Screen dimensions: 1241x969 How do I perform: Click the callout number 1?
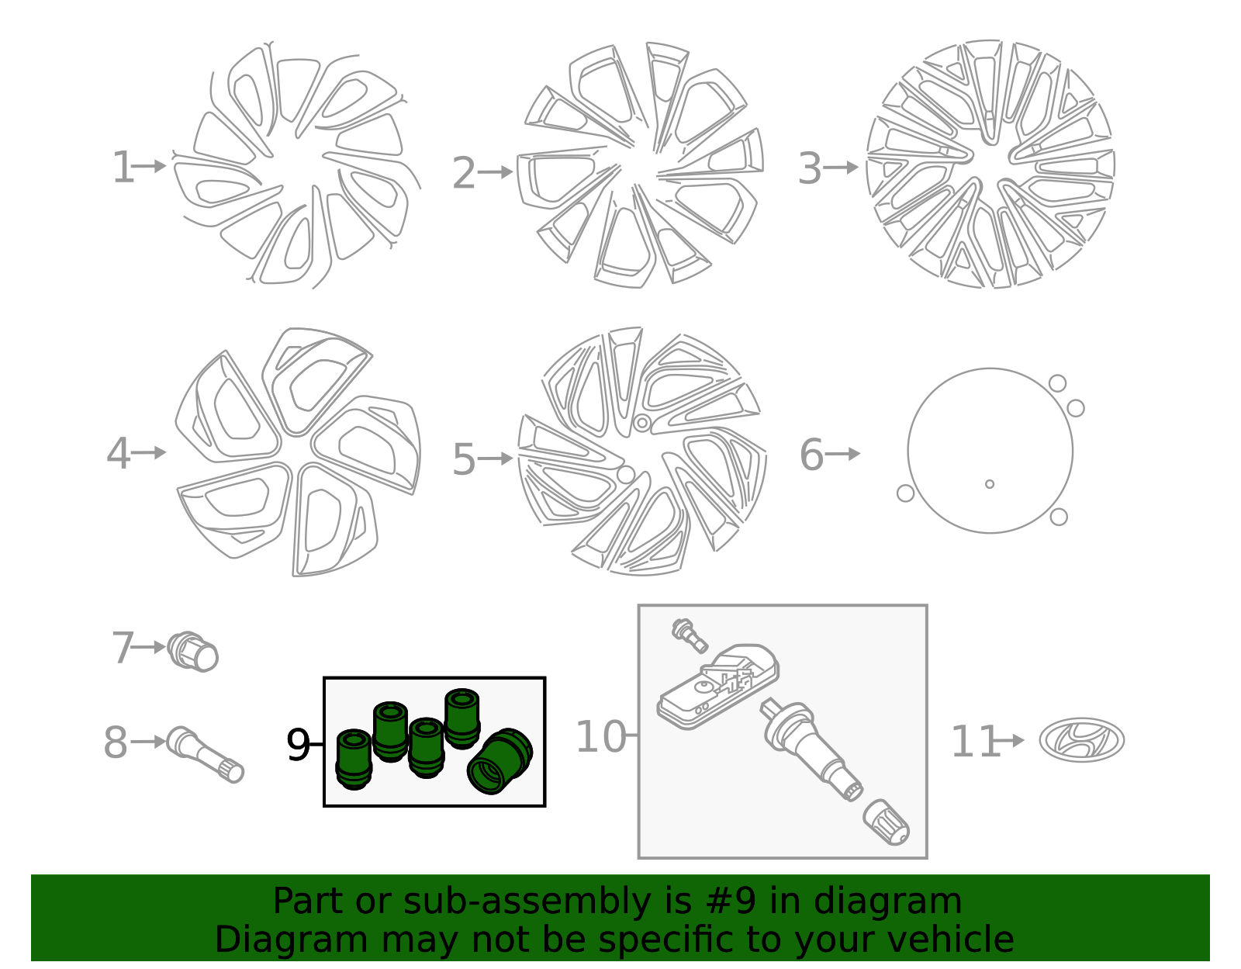(123, 168)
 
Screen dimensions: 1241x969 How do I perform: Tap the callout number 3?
(810, 168)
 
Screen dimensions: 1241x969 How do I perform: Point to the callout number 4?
(118, 454)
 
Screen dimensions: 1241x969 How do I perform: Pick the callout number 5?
(463, 459)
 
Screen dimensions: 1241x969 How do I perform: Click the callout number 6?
(811, 455)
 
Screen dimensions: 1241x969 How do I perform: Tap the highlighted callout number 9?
(298, 745)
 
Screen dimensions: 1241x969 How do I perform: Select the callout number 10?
(601, 736)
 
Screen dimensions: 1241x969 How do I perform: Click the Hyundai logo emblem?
(1082, 740)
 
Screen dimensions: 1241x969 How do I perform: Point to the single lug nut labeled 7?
(193, 652)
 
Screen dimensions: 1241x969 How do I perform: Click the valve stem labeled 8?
(205, 755)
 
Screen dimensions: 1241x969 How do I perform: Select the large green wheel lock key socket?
(500, 761)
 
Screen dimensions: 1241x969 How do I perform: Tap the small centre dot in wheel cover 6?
(990, 484)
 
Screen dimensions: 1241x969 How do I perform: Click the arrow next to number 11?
(1008, 741)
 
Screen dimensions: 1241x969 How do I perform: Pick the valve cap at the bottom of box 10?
(886, 822)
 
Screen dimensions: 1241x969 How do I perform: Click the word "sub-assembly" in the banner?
(527, 902)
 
